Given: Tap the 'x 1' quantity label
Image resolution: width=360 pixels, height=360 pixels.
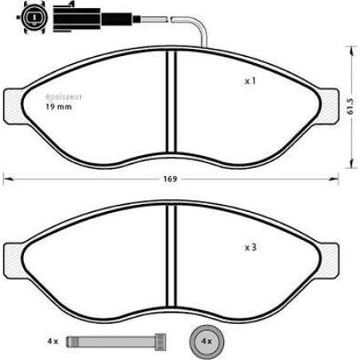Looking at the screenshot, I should click(x=250, y=82).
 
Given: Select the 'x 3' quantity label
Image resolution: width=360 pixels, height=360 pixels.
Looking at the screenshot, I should click(x=250, y=248).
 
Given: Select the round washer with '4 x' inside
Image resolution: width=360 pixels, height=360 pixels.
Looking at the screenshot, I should click(x=205, y=340).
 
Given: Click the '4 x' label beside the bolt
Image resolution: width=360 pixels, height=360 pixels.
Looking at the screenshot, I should click(x=53, y=341).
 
